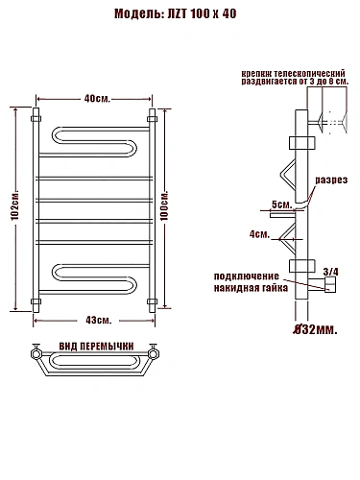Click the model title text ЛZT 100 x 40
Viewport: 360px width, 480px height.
(202, 13)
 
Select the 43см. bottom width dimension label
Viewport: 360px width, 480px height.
(99, 320)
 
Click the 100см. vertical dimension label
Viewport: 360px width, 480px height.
(164, 206)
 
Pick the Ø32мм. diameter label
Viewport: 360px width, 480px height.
(316, 329)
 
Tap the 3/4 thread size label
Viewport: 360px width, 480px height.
(330, 272)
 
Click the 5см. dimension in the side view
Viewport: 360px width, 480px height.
(281, 204)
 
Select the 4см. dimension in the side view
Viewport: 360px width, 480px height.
(259, 234)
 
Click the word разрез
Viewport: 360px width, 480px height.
(331, 180)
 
